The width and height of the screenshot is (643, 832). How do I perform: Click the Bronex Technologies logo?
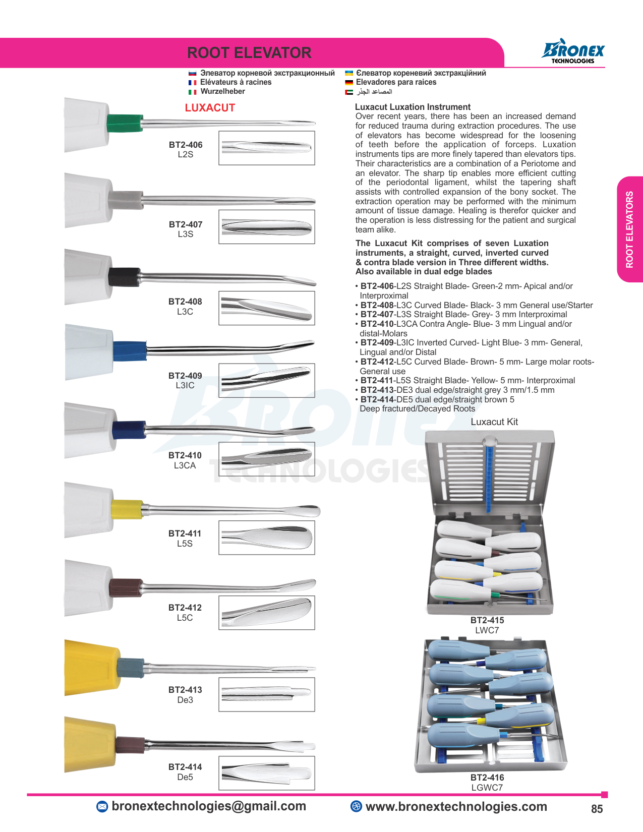click(573, 52)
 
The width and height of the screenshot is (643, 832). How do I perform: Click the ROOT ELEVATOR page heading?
click(249, 53)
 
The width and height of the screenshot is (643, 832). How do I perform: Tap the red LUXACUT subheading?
click(210, 108)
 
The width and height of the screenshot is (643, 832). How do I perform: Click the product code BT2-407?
click(186, 224)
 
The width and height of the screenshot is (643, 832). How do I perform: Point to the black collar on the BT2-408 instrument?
click(124, 277)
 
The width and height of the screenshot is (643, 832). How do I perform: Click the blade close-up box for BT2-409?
click(267, 380)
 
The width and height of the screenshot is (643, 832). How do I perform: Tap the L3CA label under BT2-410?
click(185, 465)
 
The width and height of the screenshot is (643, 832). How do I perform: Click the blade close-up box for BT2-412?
click(267, 613)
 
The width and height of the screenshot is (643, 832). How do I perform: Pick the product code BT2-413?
click(185, 690)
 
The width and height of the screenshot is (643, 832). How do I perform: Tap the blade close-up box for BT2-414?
click(267, 773)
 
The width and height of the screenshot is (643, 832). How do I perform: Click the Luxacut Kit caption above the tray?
click(494, 422)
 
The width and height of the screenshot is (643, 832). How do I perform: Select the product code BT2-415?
click(487, 620)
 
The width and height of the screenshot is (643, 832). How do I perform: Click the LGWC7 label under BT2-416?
click(487, 788)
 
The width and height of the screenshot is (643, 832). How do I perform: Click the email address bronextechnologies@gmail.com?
click(209, 806)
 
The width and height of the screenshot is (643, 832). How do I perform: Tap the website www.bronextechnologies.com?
click(456, 807)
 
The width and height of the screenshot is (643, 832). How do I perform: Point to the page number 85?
click(597, 809)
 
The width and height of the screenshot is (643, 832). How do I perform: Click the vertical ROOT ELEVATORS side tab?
click(629, 229)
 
